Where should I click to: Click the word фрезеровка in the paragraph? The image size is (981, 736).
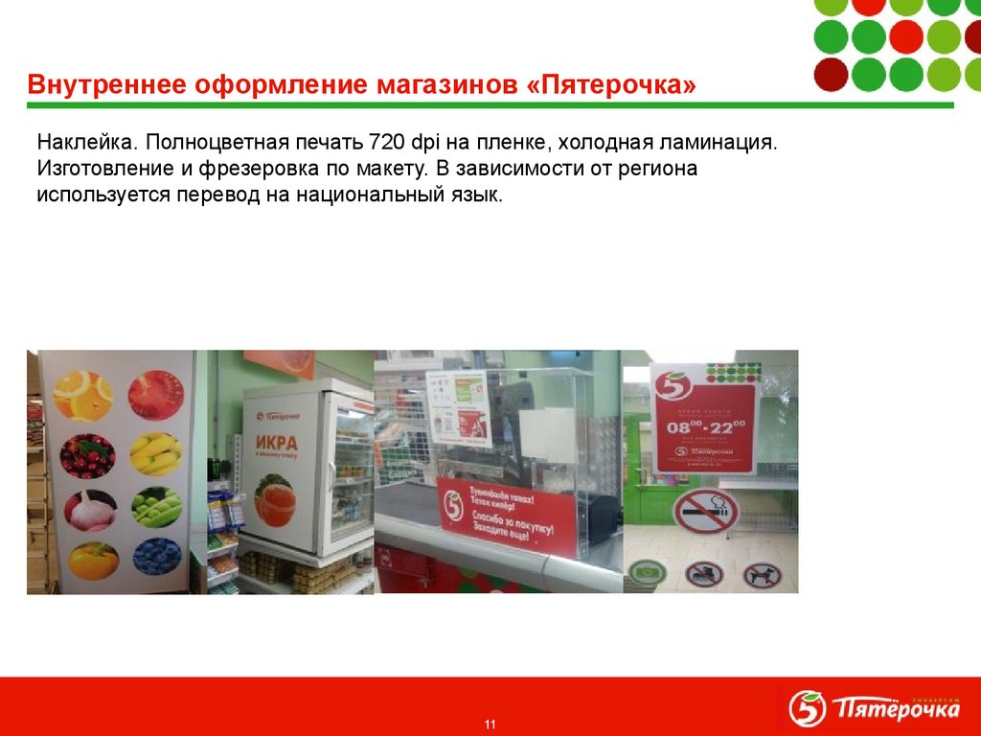[262, 170]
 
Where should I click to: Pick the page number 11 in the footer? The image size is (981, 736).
[490, 724]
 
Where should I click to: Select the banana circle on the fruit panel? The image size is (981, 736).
[156, 454]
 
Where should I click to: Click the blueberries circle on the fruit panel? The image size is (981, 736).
[156, 556]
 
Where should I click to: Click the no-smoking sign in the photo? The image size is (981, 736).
[705, 513]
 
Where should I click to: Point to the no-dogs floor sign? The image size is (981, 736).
[762, 575]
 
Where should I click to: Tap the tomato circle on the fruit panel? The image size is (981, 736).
[156, 393]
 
